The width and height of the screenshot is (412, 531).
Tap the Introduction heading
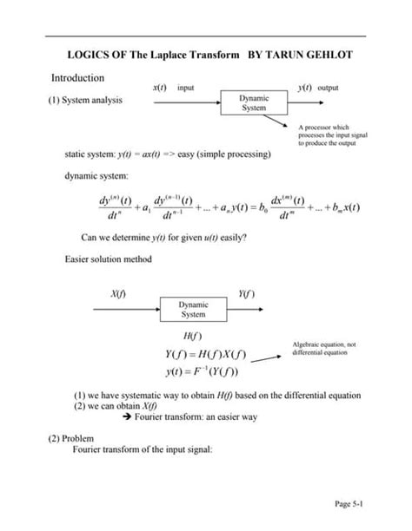pyautogui.click(x=82, y=78)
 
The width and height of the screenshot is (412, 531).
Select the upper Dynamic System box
pyautogui.click(x=254, y=103)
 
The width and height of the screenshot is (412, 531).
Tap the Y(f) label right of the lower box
pyautogui.click(x=245, y=294)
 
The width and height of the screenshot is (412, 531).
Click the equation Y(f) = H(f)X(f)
pyautogui.click(x=205, y=355)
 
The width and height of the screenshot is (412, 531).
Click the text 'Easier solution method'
pyautogui.click(x=108, y=259)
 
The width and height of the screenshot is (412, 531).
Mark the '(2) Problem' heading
pyautogui.click(x=70, y=438)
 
